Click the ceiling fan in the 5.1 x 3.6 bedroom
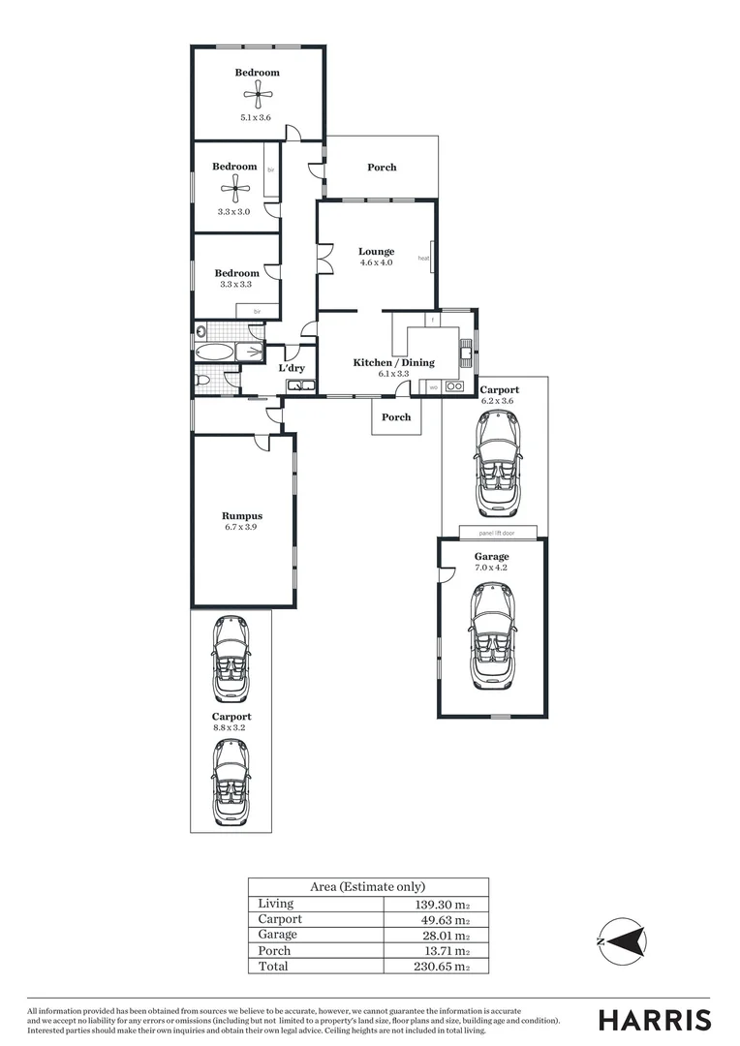pyautogui.click(x=257, y=94)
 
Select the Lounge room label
pyautogui.click(x=377, y=252)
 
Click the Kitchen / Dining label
pyautogui.click(x=393, y=363)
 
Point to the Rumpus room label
pyautogui.click(x=242, y=516)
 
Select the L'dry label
pyautogui.click(x=292, y=368)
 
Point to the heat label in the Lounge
pyautogui.click(x=423, y=259)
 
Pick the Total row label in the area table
pyautogui.click(x=273, y=967)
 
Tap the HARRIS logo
pyautogui.click(x=654, y=1020)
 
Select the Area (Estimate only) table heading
pyautogui.click(x=367, y=886)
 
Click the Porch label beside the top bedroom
pyautogui.click(x=382, y=168)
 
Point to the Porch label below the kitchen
pyautogui.click(x=395, y=417)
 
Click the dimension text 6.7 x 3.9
pyautogui.click(x=242, y=528)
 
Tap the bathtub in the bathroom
pyautogui.click(x=215, y=353)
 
